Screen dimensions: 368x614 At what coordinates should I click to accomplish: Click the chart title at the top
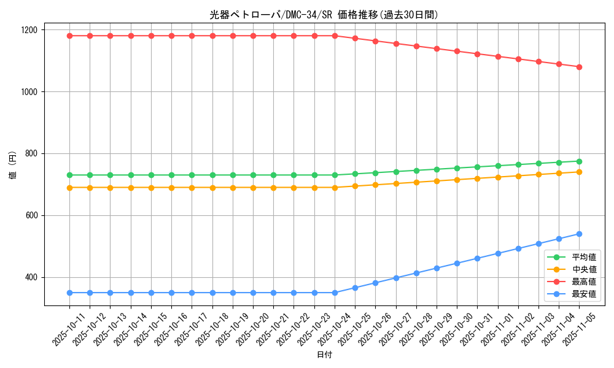[324, 15]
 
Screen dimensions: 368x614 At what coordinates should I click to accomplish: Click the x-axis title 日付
[324, 355]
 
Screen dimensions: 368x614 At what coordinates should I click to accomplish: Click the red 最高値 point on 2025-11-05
[579, 67]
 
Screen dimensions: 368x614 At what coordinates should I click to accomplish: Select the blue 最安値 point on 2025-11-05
[579, 234]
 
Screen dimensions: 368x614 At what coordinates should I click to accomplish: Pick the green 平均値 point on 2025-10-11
[69, 175]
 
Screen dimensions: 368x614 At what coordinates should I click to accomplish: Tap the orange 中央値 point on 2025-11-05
[579, 172]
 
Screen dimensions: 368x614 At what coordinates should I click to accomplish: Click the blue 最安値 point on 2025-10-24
[335, 293]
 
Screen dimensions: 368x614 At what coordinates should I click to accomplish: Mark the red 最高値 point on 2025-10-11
[69, 36]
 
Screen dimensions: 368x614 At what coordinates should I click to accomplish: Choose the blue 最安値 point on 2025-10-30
[457, 263]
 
